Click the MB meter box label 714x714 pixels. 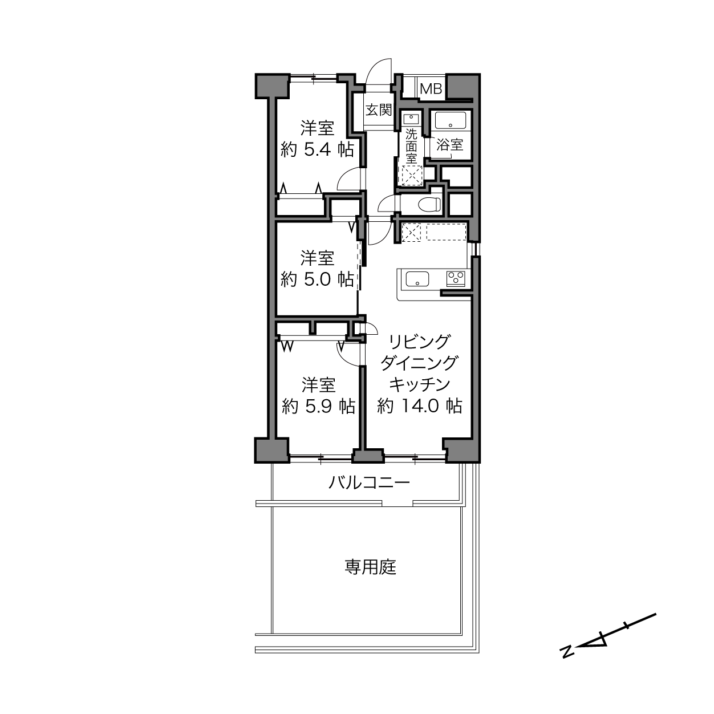(x=431, y=89)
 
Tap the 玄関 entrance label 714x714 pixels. (x=379, y=109)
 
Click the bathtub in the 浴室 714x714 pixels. (x=449, y=120)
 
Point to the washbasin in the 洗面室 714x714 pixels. (x=411, y=119)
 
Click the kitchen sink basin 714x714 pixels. (x=417, y=279)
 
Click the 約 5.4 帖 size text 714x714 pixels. (x=317, y=150)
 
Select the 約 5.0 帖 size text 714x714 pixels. (x=317, y=279)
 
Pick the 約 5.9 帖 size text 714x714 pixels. (x=318, y=407)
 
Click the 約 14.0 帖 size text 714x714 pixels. (x=419, y=405)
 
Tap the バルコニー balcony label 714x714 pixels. (x=370, y=483)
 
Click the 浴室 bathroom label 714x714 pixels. (x=450, y=144)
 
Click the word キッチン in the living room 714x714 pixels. (x=420, y=384)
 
